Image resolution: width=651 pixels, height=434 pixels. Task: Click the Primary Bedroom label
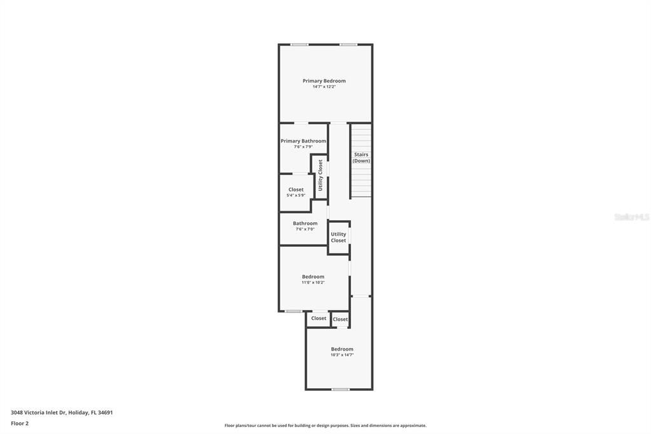[x=324, y=81]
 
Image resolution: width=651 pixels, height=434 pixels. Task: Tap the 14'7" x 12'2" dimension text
[x=324, y=87]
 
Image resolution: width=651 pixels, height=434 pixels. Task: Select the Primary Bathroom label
[x=303, y=141]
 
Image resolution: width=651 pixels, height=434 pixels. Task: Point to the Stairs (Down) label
[x=361, y=158]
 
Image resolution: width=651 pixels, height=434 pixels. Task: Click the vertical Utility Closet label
[x=320, y=176]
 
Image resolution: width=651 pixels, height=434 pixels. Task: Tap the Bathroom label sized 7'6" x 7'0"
[x=305, y=223]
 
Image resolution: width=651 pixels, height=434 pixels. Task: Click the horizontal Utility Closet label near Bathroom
[x=338, y=237]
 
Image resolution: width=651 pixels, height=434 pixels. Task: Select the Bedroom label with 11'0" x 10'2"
[x=313, y=277]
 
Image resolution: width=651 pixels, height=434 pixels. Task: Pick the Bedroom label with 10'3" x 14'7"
[x=342, y=349]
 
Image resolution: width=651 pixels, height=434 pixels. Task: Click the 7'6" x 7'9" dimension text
[x=303, y=147]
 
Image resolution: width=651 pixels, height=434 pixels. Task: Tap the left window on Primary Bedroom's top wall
[x=299, y=45]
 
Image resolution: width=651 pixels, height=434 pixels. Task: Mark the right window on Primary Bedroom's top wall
[x=348, y=45]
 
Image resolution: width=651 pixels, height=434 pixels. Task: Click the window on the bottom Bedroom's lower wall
[x=341, y=389]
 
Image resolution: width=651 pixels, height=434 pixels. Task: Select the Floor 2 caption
[x=20, y=423]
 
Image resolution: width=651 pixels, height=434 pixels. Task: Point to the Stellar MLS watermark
[x=631, y=217]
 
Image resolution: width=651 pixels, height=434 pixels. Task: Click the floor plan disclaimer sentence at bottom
[x=325, y=426]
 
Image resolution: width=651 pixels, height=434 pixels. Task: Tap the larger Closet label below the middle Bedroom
[x=319, y=318]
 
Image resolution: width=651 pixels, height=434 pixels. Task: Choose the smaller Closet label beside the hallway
[x=341, y=319]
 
